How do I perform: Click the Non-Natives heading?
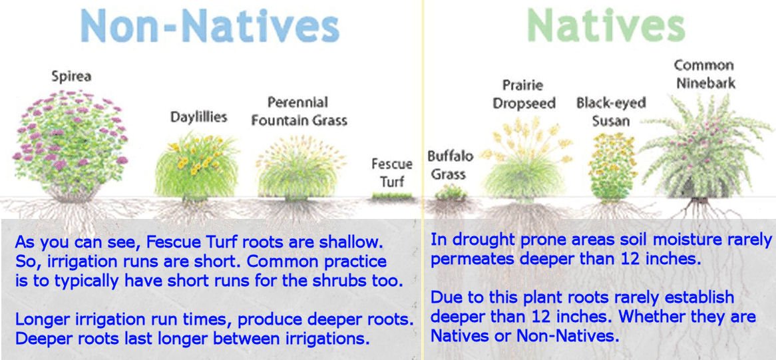pos(210,26)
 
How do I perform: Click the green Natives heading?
pos(606,26)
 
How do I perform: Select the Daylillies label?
pos(198,117)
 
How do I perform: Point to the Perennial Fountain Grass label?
pos(299,111)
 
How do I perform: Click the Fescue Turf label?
pos(392,172)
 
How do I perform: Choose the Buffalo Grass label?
pos(450,165)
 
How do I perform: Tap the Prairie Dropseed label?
pos(524,94)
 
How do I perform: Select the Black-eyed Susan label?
pos(611,111)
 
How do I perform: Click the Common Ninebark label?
pos(704,74)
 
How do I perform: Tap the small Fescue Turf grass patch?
pos(392,196)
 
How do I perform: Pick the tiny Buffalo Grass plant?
pos(451,193)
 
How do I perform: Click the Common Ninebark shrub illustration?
pos(705,148)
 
